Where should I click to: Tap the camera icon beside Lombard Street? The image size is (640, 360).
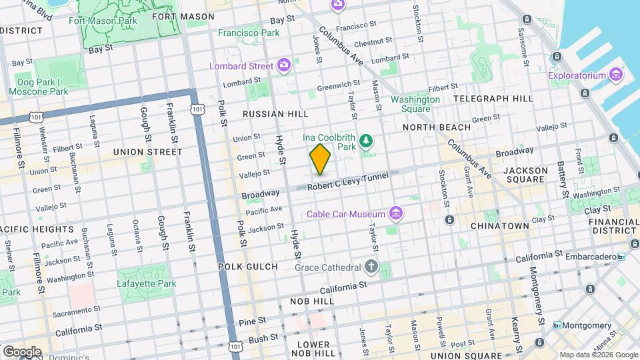pyautogui.click(x=285, y=65)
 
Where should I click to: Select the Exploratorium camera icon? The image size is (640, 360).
pyautogui.click(x=615, y=75)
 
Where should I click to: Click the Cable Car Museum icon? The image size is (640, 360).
pyautogui.click(x=397, y=213)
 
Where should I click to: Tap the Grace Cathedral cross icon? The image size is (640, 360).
pyautogui.click(x=371, y=267)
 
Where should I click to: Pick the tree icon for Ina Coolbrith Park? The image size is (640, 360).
pyautogui.click(x=365, y=141)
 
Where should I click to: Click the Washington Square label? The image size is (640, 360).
pyautogui.click(x=415, y=104)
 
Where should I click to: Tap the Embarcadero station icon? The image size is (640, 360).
pyautogui.click(x=621, y=256)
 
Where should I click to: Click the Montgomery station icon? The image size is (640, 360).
pyautogui.click(x=557, y=325)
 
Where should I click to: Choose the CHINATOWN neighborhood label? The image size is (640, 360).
pyautogui.click(x=499, y=226)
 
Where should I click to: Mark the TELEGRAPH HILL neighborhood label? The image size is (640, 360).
pyautogui.click(x=493, y=98)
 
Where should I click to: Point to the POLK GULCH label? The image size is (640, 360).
pyautogui.click(x=248, y=267)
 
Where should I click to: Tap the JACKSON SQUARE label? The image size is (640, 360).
pyautogui.click(x=525, y=175)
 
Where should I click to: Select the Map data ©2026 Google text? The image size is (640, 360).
pyautogui.click(x=598, y=355)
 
